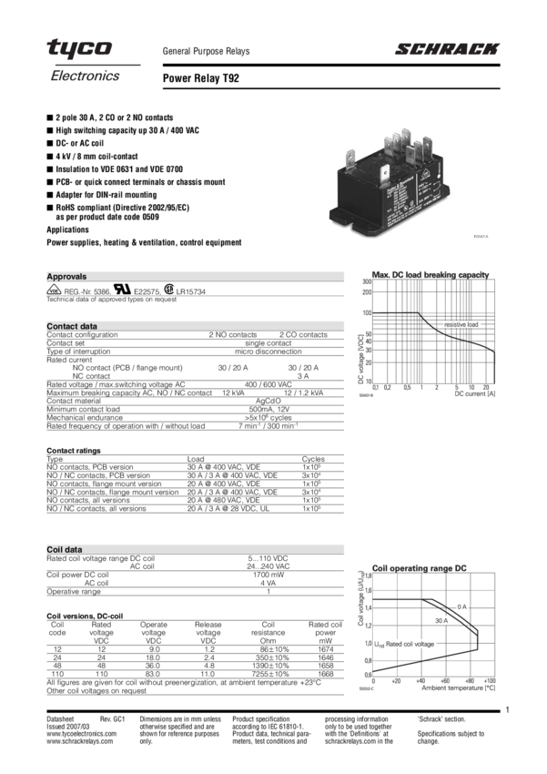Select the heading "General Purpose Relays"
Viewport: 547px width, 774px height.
click(206, 53)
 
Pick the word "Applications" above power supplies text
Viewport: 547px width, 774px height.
click(71, 230)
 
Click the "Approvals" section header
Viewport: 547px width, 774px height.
click(66, 276)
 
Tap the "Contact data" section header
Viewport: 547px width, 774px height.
click(72, 326)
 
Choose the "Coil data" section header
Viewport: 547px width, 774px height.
click(65, 549)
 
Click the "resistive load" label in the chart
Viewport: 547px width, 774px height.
click(461, 324)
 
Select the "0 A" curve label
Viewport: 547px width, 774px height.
click(461, 606)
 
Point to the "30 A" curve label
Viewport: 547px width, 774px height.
click(441, 620)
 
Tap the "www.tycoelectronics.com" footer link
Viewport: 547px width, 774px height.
click(82, 734)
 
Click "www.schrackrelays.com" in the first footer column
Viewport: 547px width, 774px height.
click(80, 741)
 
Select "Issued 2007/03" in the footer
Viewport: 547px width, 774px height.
click(65, 727)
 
